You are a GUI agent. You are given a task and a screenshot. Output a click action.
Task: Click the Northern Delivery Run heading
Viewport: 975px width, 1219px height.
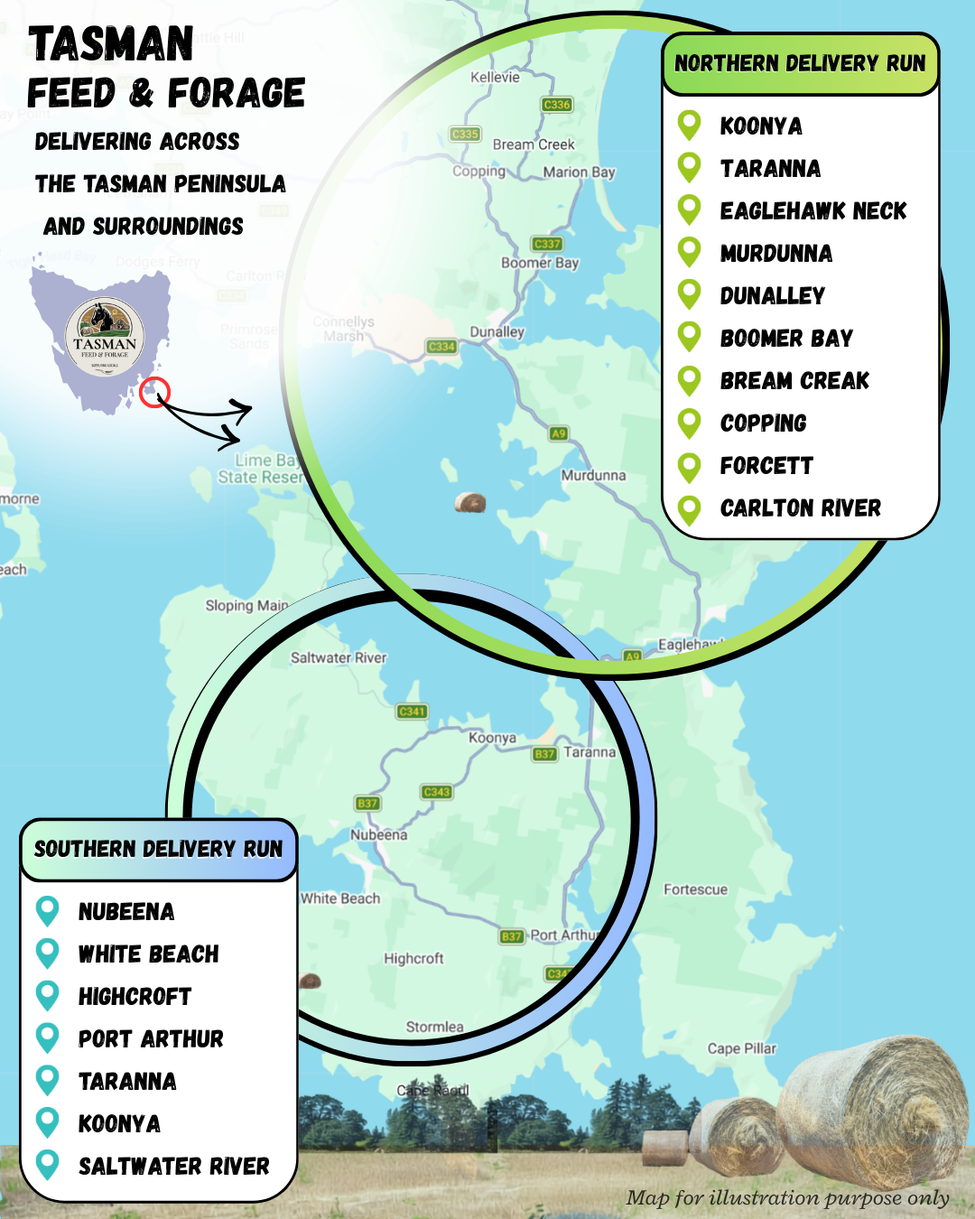(800, 64)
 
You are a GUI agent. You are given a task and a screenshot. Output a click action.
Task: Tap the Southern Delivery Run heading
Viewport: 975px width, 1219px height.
(158, 850)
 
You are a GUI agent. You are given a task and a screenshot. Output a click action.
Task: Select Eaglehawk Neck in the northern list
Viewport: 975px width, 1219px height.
(812, 211)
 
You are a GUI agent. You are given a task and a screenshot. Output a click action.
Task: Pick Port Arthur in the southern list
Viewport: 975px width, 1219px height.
(150, 1039)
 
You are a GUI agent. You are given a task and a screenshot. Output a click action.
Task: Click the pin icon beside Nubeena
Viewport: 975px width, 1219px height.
(47, 911)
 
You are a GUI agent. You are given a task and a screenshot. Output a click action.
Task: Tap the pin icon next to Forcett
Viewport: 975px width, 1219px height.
(690, 466)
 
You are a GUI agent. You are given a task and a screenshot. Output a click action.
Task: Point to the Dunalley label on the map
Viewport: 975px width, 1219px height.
(497, 332)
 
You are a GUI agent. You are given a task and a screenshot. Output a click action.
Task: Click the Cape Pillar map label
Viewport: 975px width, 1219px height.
(741, 1048)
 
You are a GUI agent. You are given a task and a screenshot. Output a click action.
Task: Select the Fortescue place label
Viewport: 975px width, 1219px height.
(695, 889)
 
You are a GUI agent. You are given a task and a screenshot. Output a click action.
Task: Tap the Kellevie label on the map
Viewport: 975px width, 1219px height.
(495, 78)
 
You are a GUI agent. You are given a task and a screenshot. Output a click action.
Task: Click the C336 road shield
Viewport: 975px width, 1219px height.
(557, 105)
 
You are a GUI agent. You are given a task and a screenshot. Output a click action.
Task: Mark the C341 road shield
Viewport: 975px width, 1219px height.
(412, 712)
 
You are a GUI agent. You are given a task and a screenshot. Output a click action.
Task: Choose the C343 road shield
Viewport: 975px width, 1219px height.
(437, 792)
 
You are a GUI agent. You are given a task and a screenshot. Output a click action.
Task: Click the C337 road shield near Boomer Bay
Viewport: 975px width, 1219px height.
(547, 244)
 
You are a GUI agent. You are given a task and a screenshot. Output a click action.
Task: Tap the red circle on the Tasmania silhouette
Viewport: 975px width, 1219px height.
(154, 393)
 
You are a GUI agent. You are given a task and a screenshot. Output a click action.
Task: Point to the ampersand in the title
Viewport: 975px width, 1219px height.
(141, 93)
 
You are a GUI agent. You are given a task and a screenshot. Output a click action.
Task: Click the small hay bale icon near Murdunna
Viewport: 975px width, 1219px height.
(469, 502)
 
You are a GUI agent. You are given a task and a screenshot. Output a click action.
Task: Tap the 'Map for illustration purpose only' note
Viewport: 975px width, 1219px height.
(787, 1198)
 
